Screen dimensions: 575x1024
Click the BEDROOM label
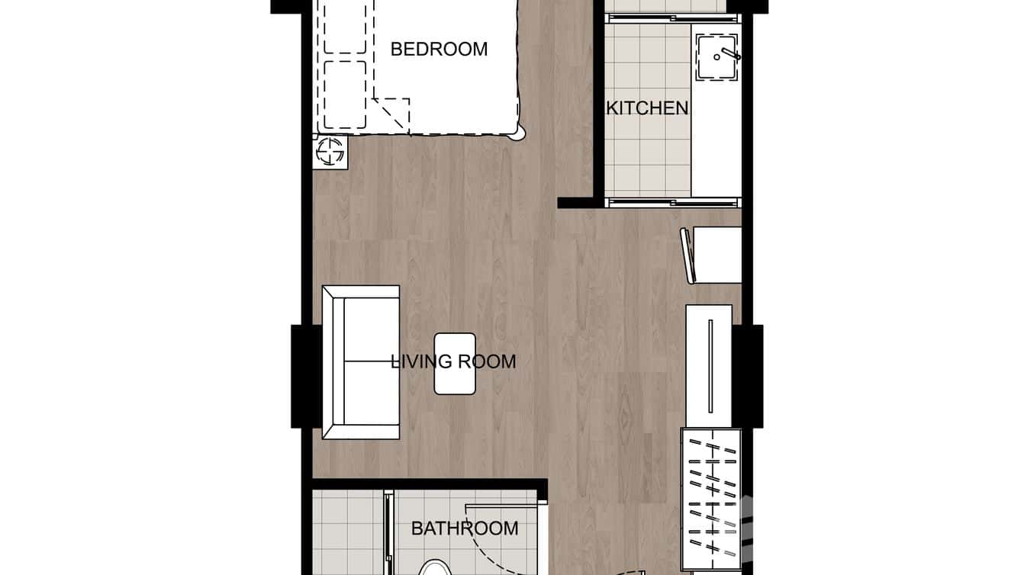tap(439, 50)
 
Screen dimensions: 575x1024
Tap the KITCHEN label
tap(647, 108)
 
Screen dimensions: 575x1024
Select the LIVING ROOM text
tap(453, 361)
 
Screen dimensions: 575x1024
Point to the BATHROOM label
tap(465, 528)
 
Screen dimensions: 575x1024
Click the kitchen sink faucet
tap(726, 55)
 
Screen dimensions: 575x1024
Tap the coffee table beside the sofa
tap(455, 364)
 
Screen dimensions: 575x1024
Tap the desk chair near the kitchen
tap(689, 255)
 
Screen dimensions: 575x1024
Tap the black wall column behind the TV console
tap(749, 376)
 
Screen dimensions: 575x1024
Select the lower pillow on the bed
tap(345, 94)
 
